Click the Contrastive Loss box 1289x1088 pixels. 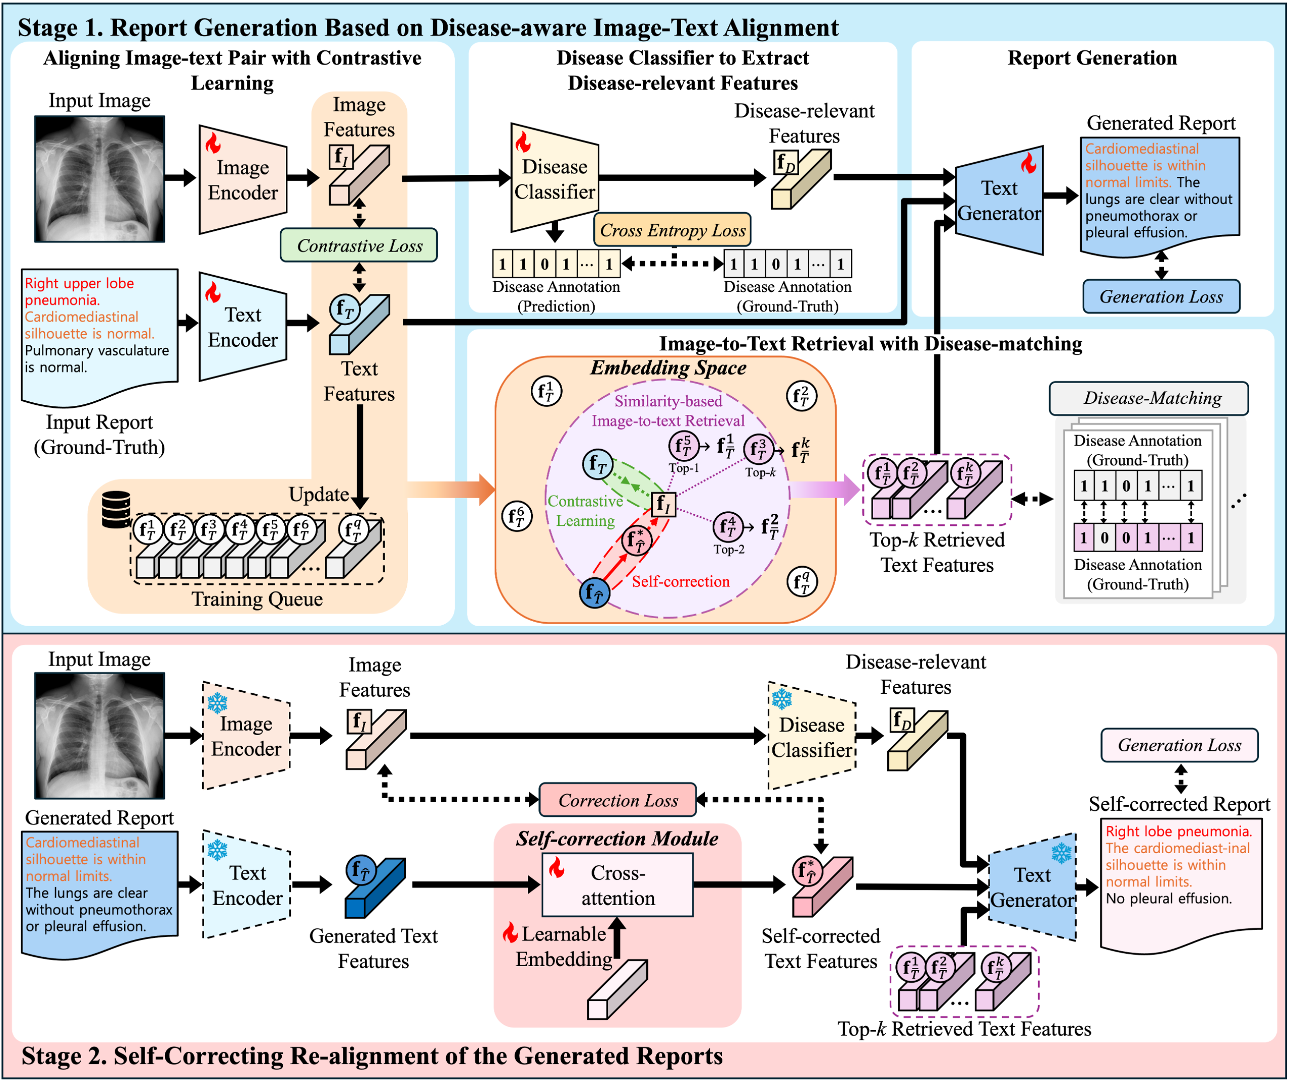click(359, 246)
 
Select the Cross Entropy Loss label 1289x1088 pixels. click(672, 230)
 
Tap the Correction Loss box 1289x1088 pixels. click(618, 800)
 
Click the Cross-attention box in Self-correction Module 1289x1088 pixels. click(618, 885)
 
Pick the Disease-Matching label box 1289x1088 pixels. click(1148, 398)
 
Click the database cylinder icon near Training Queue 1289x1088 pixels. click(116, 509)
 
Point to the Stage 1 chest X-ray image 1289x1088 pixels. click(100, 179)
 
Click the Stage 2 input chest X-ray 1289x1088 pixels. click(100, 735)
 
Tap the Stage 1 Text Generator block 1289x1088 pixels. click(999, 201)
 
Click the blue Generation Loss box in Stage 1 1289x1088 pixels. click(1161, 296)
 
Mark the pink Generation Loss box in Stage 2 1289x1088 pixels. click(1179, 745)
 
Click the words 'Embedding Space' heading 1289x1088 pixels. click(668, 368)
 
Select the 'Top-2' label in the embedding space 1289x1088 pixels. click(729, 550)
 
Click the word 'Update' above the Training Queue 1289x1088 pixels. click(319, 495)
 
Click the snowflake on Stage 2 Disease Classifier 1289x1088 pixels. click(782, 699)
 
